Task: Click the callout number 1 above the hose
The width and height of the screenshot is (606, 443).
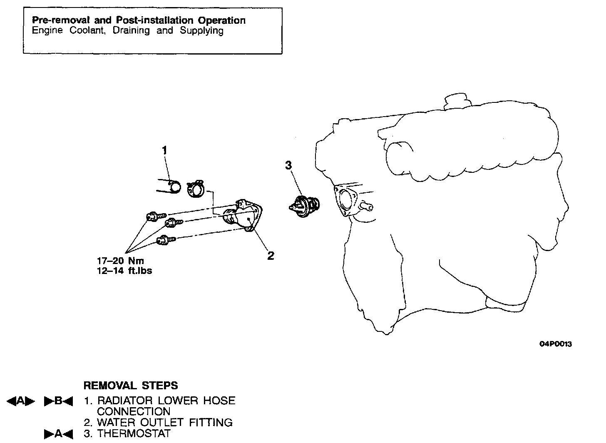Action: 165,150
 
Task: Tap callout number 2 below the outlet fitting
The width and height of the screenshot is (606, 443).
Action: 271,256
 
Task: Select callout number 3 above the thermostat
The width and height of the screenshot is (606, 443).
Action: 288,165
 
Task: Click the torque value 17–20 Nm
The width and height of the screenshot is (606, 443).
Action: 120,261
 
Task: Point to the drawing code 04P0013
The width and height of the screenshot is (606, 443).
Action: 556,344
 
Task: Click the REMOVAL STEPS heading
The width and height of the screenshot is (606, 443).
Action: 131,386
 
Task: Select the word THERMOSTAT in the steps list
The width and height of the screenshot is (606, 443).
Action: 134,433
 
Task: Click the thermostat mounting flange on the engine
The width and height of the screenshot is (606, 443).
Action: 346,202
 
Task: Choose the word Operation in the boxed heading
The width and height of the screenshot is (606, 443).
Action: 222,20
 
